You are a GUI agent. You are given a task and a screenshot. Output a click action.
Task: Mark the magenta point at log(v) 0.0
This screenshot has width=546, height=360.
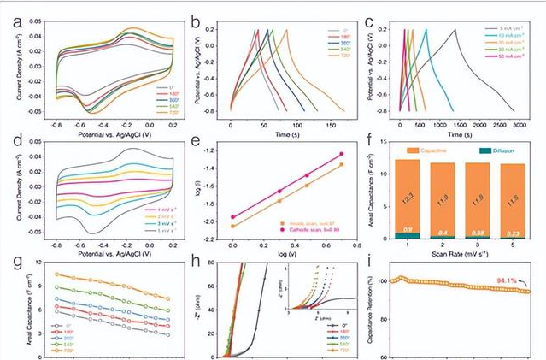click(x=232, y=217)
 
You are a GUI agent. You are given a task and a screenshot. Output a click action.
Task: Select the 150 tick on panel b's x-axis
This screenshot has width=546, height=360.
click(x=329, y=126)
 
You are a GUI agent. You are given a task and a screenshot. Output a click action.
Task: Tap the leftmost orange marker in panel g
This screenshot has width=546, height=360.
click(x=56, y=274)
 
